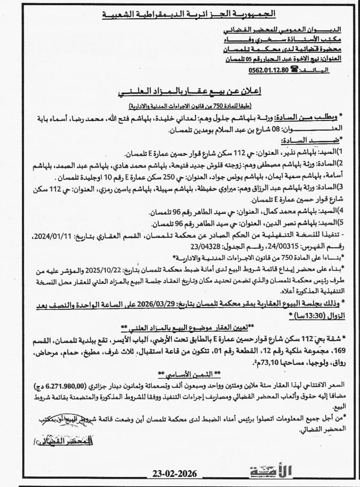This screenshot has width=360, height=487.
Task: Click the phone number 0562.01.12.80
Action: pos(268,70)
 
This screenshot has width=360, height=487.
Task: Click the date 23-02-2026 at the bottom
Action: pos(174,473)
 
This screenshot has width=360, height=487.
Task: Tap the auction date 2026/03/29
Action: pos(162,304)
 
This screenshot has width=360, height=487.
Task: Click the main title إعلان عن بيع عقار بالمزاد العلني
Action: pos(189,93)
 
